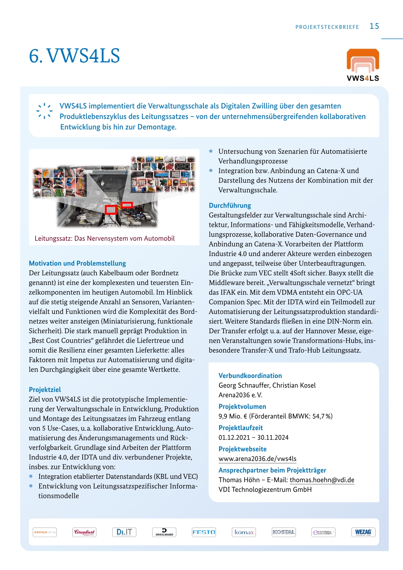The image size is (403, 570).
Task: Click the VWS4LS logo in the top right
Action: pos(363,65)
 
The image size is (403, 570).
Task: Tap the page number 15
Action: pos(374,26)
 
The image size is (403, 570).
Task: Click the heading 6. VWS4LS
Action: pos(75,56)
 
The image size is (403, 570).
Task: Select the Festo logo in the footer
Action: pos(204,532)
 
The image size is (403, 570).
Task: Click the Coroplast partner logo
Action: pos(84,532)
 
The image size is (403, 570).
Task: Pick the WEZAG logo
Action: pos(363,532)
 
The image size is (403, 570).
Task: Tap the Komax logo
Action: pos(244,532)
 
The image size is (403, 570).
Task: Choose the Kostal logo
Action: pos(284,532)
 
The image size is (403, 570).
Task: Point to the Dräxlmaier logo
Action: pos(164,532)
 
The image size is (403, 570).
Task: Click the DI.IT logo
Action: pos(124,532)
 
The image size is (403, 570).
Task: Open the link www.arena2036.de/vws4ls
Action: pos(257,459)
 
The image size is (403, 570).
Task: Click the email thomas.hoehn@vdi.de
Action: pos(322,480)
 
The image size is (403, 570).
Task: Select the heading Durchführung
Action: pos(230,206)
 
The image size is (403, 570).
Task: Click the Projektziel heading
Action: pos(45,390)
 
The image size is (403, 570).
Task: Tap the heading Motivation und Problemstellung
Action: pos(77,263)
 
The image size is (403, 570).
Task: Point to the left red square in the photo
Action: pos(111,210)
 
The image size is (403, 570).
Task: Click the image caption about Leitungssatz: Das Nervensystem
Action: pos(105,238)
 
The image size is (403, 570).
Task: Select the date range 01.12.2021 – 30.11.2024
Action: pos(253,437)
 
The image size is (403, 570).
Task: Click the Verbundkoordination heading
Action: pos(250,376)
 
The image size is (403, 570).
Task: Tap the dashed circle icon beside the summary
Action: pos(44,111)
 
